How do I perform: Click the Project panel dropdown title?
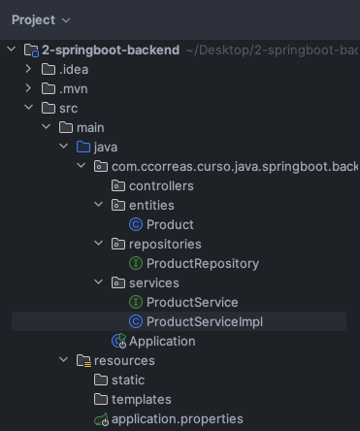click(41, 20)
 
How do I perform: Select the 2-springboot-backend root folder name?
click(111, 50)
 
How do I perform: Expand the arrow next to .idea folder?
click(28, 69)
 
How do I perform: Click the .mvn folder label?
click(74, 88)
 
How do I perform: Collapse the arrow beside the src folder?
click(28, 108)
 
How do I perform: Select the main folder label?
click(90, 127)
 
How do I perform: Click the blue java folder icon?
click(83, 147)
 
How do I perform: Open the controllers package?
click(161, 185)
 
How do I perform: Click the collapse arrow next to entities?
click(98, 205)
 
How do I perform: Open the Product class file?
click(170, 224)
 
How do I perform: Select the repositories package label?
click(165, 244)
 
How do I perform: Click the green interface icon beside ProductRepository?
click(136, 263)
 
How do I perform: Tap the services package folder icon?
click(118, 282)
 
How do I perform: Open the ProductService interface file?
click(192, 302)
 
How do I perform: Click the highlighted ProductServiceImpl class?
click(205, 321)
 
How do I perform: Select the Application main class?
click(162, 341)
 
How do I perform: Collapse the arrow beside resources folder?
click(63, 360)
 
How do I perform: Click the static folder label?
click(128, 380)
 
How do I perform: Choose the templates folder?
click(142, 399)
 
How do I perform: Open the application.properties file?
click(178, 419)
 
